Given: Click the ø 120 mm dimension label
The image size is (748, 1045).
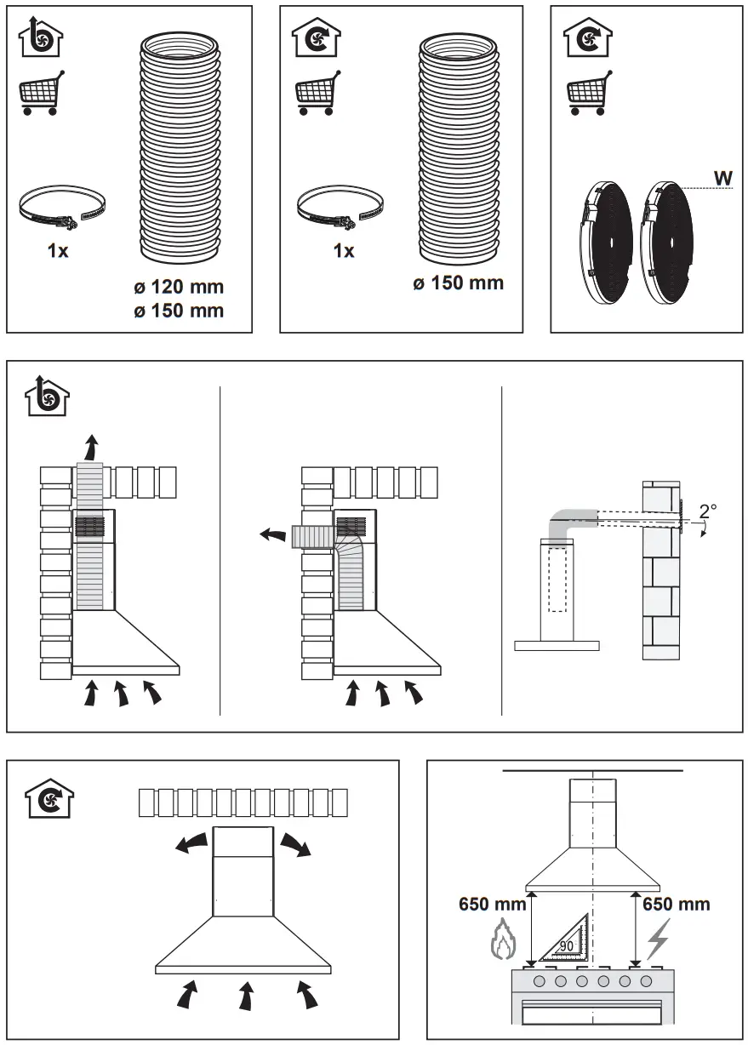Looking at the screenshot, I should [x=178, y=287].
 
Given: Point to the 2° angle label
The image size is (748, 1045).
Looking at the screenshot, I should [x=707, y=512].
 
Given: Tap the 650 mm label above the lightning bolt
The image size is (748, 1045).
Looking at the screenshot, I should [x=676, y=903].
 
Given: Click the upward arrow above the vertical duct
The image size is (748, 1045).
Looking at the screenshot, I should [x=92, y=445].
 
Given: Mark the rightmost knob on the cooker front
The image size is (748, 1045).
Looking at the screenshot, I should [x=647, y=981].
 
